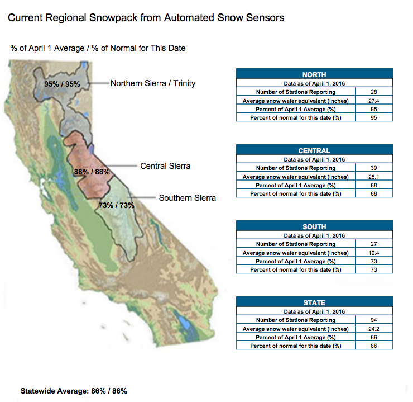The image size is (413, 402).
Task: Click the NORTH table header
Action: (314, 75)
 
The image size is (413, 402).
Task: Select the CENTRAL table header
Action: (314, 150)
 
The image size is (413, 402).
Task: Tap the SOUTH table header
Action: (314, 226)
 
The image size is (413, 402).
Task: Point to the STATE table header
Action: (314, 302)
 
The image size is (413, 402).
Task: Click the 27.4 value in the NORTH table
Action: (373, 101)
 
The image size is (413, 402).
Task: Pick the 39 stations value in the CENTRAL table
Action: (373, 168)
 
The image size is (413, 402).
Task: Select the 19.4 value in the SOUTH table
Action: (373, 253)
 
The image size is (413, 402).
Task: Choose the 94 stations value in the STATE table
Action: (373, 320)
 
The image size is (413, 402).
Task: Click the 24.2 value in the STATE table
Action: (373, 329)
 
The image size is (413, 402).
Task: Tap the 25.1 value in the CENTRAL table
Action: (373, 177)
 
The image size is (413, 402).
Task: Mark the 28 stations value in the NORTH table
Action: (373, 92)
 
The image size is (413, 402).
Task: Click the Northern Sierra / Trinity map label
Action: (153, 83)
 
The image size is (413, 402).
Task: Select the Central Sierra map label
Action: (165, 166)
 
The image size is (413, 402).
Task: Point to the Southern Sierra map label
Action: (188, 198)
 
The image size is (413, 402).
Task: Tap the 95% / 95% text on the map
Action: (62, 84)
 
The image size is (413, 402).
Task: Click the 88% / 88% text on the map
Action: (92, 172)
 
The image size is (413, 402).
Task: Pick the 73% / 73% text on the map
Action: (116, 205)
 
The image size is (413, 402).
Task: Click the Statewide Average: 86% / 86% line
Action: (74, 391)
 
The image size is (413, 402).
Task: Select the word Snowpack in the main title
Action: (113, 18)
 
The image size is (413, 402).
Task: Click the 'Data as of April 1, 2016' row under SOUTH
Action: (314, 235)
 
